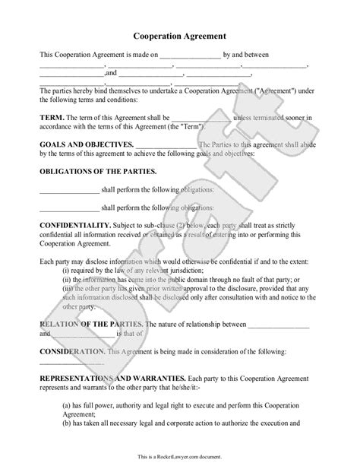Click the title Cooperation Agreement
(180, 35)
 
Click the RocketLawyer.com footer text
(180, 458)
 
